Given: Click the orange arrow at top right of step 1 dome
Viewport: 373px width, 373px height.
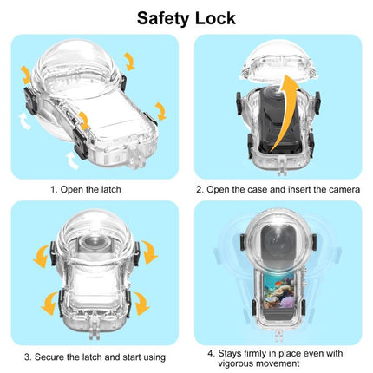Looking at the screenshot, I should click(129, 60).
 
